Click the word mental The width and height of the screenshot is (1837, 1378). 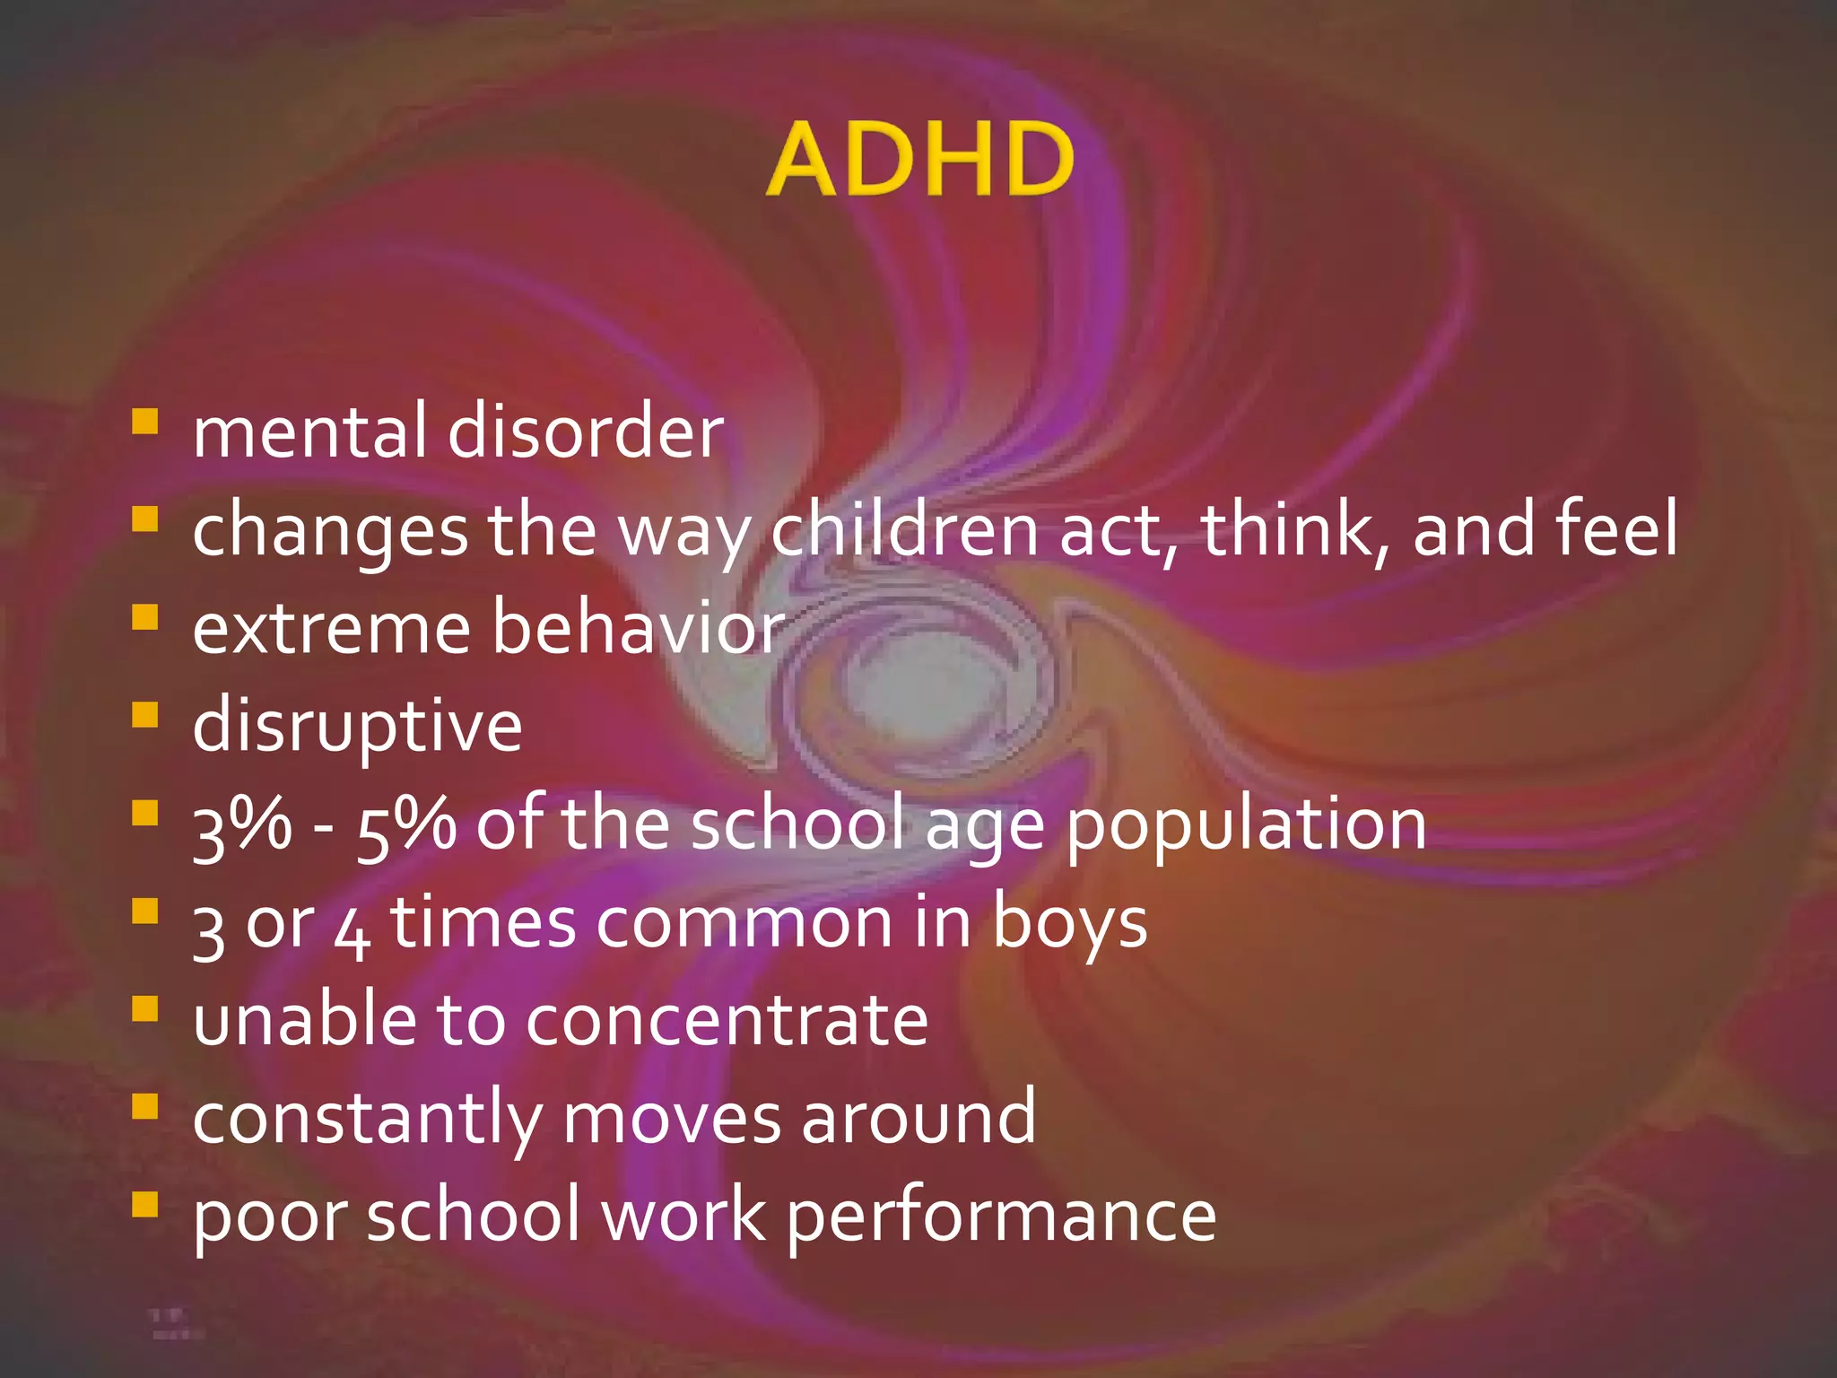pyautogui.click(x=309, y=432)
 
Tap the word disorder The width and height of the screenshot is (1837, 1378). pyautogui.click(x=585, y=432)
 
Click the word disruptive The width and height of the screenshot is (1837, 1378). pyautogui.click(x=357, y=727)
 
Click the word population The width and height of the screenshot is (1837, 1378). pyautogui.click(x=1246, y=825)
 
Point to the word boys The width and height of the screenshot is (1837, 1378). pyautogui.click(x=1069, y=924)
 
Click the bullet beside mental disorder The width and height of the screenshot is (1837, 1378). pyautogui.click(x=144, y=421)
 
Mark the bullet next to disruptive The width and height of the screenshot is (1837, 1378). pyautogui.click(x=144, y=715)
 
